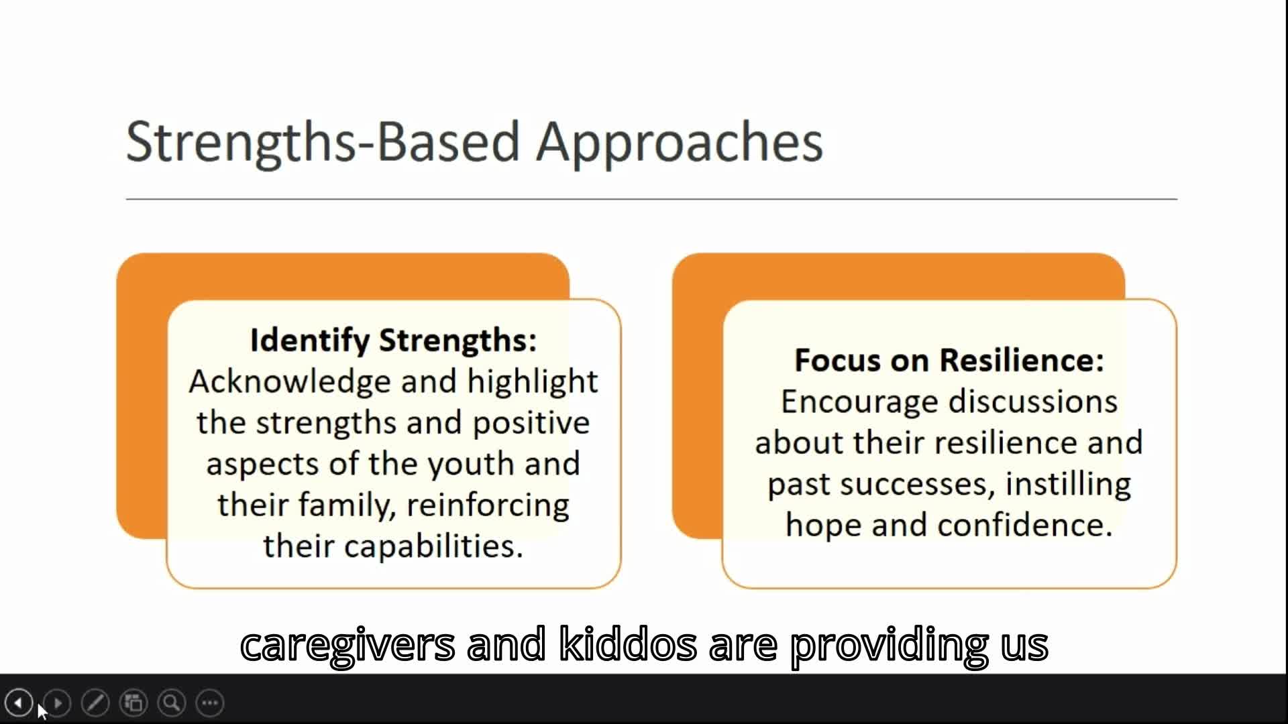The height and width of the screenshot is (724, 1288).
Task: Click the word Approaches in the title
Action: [679, 142]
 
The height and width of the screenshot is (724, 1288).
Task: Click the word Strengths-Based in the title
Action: [323, 142]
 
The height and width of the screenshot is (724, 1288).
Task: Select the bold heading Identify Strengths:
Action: [393, 340]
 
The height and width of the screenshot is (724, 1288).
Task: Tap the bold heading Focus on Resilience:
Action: [949, 360]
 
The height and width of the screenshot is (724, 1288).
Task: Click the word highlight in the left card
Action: [532, 381]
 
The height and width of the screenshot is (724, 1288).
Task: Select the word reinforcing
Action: [488, 505]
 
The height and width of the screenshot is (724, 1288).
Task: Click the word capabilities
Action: [433, 546]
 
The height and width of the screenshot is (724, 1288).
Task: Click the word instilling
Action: [1068, 484]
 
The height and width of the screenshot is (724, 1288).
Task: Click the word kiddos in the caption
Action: [628, 644]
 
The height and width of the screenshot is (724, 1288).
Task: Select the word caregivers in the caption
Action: [347, 644]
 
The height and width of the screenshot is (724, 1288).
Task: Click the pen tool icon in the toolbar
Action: [95, 703]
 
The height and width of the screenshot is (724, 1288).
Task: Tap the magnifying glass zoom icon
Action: [172, 703]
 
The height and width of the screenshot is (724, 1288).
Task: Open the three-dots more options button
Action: [210, 703]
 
